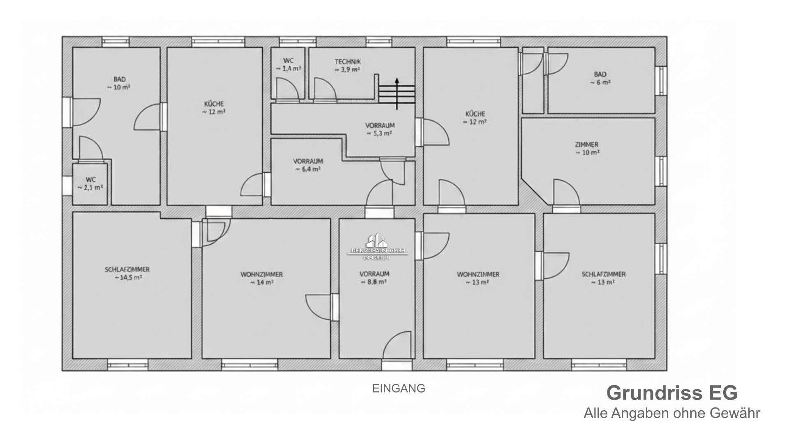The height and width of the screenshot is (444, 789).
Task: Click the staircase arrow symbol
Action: [397, 94]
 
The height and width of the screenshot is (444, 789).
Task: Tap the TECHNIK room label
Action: [348, 62]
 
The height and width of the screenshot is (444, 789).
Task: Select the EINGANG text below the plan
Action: [399, 388]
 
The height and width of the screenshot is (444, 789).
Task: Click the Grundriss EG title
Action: [672, 393]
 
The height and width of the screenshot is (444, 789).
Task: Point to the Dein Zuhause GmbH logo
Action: [378, 246]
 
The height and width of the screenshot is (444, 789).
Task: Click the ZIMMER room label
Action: [586, 145]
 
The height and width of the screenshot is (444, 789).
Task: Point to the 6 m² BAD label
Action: [600, 78]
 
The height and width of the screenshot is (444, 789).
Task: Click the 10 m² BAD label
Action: [120, 83]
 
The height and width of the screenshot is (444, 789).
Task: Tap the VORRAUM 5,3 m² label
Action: [380, 129]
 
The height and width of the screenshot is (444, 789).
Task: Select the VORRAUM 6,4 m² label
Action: [308, 165]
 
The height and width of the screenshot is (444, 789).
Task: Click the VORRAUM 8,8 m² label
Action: [374, 278]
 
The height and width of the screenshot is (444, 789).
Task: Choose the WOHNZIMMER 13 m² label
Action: [478, 278]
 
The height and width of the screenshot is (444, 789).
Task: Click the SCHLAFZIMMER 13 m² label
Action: [604, 278]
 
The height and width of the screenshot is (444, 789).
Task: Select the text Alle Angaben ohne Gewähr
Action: [672, 413]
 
